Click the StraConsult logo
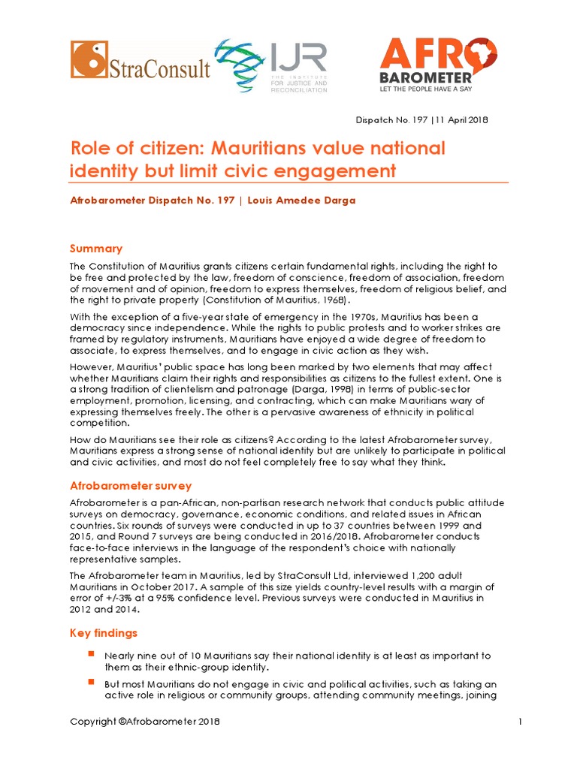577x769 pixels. (140, 60)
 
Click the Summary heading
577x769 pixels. (96, 249)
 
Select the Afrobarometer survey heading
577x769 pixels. (131, 486)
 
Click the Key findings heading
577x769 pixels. (104, 634)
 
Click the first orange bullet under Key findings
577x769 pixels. (91, 654)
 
